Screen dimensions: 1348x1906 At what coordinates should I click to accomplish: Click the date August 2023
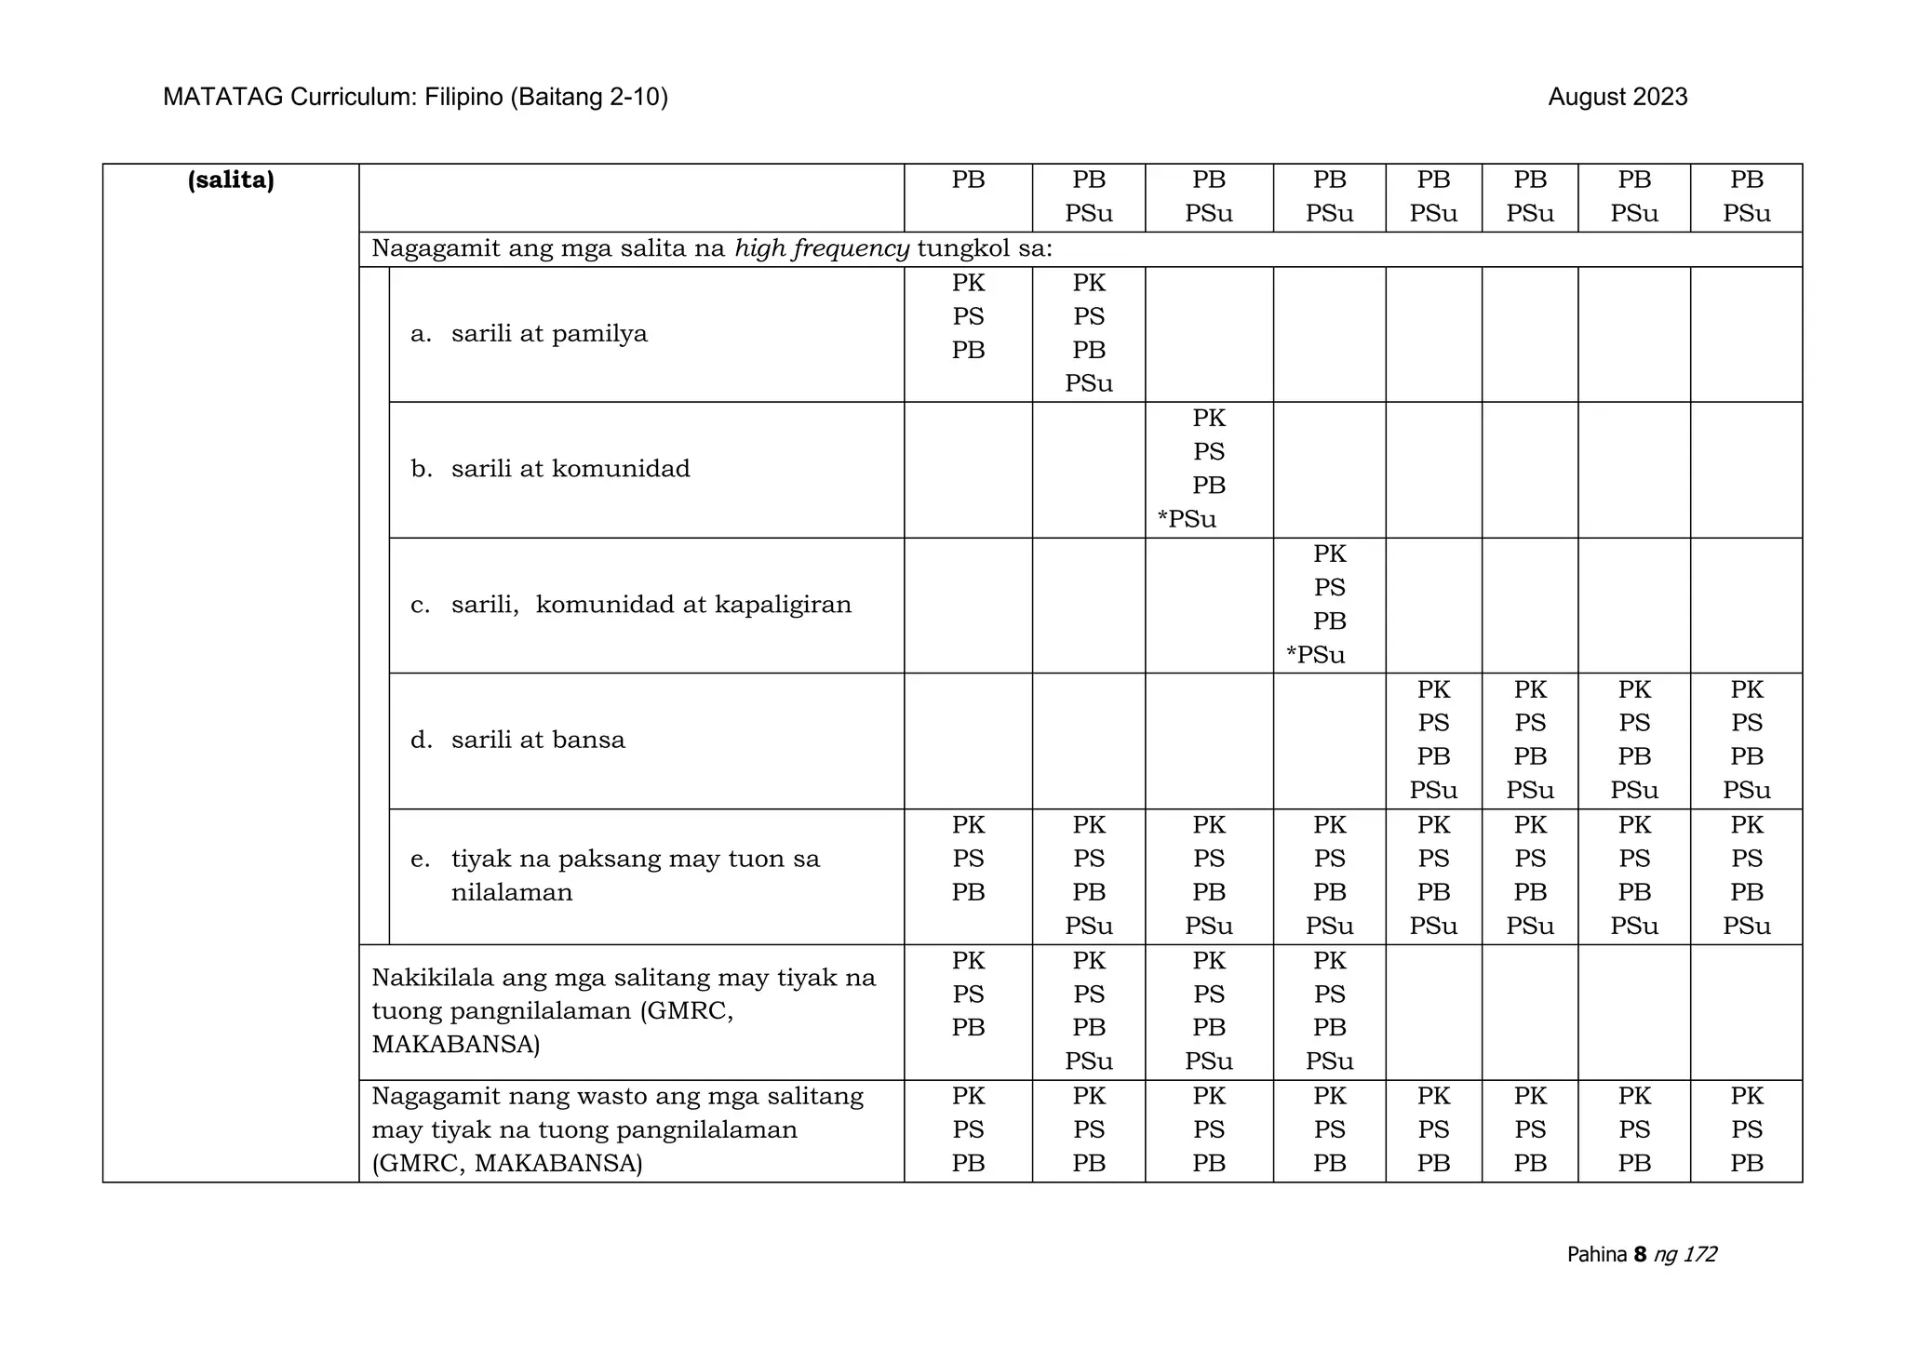[x=1617, y=97]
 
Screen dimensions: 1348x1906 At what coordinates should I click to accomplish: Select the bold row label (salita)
[x=231, y=180]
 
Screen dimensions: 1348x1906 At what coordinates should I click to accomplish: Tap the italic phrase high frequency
[x=822, y=248]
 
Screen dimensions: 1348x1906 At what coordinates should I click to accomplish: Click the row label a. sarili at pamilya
[x=529, y=334]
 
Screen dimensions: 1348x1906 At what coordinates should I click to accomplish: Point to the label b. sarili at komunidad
[x=550, y=469]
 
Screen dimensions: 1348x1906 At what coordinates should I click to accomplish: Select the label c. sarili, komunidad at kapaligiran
[x=631, y=605]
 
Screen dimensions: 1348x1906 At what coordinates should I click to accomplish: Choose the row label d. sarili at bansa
[x=517, y=741]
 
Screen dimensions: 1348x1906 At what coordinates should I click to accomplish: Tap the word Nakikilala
[x=432, y=978]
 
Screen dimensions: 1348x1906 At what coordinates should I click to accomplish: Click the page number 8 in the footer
[x=1640, y=1254]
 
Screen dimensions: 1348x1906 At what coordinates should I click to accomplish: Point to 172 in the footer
[x=1699, y=1254]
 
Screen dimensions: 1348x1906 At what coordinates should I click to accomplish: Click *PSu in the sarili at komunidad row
[x=1187, y=519]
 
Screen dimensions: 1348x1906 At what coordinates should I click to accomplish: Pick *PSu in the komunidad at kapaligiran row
[x=1315, y=655]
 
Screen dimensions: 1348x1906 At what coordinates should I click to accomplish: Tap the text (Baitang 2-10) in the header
[x=588, y=97]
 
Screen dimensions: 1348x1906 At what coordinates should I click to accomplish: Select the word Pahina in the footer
[x=1596, y=1254]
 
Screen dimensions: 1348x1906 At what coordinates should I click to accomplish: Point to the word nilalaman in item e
[x=512, y=893]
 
